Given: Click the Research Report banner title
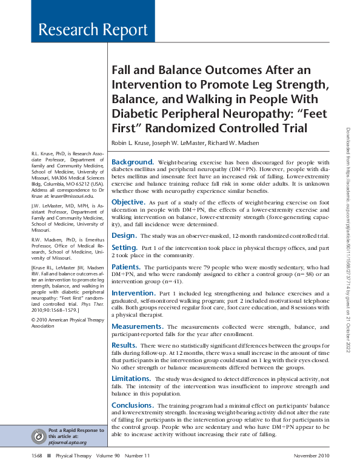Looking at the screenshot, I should coord(93,30).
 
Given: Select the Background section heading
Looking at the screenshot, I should coord(133,162).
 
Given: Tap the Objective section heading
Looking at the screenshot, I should coord(127,201).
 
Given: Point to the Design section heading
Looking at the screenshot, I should coord(124,235).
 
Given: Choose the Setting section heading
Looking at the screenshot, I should coord(124,248).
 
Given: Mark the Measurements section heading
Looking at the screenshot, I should coord(136,326).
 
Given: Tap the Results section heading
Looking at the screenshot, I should coord(124,345).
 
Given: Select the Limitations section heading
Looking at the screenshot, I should coord(131,379).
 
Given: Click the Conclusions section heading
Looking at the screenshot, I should coord(133,405).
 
